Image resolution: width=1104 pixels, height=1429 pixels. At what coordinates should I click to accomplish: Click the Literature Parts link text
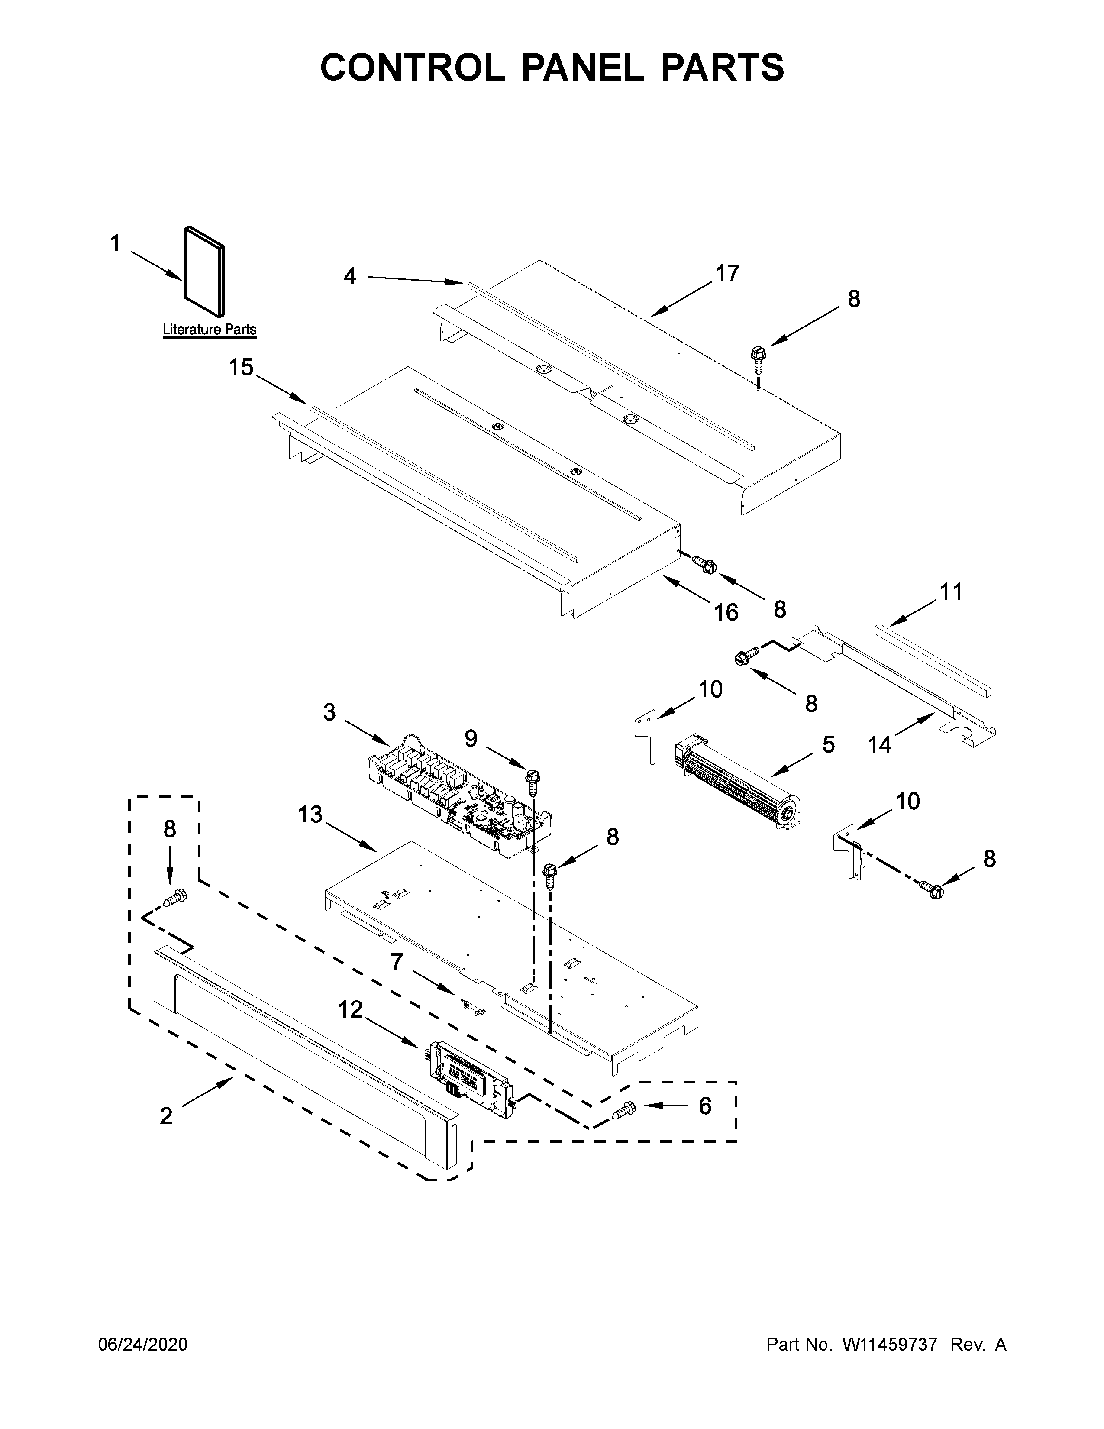click(x=209, y=330)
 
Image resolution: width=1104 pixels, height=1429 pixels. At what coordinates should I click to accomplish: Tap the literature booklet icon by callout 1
click(x=204, y=270)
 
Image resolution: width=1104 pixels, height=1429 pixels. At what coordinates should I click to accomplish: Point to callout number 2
click(x=166, y=1115)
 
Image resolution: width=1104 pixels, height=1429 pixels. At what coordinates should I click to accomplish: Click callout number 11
click(x=951, y=592)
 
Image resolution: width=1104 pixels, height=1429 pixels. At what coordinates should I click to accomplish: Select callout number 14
click(x=880, y=745)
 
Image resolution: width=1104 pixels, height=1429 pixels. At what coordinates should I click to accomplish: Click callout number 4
click(x=350, y=277)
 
